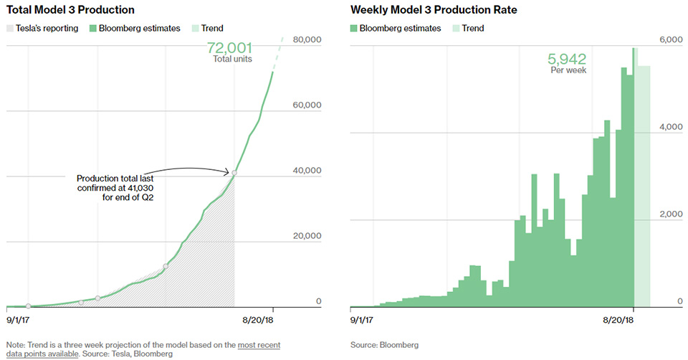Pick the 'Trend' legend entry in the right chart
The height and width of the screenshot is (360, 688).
472,28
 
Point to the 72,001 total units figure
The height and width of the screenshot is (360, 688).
229,48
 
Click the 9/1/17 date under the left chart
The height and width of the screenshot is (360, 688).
19,318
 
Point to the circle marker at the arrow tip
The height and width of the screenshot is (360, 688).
234,173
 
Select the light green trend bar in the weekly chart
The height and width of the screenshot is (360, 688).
644,186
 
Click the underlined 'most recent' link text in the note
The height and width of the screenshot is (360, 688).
259,345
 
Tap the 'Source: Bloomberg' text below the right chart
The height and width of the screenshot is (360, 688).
384,345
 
